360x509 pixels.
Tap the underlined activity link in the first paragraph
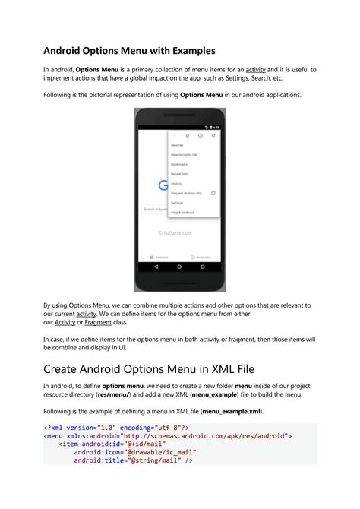click(x=256, y=69)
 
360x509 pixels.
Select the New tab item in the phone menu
click(x=176, y=145)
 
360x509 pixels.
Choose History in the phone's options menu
click(x=176, y=183)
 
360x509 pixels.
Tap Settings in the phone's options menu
click(x=177, y=203)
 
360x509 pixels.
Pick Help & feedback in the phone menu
click(x=182, y=213)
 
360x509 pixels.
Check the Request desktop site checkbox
click(x=213, y=193)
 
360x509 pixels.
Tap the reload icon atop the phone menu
click(x=213, y=135)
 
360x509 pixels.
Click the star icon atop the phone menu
click(x=188, y=135)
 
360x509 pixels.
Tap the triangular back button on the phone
click(x=156, y=267)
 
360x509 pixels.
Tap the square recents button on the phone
click(x=203, y=267)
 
